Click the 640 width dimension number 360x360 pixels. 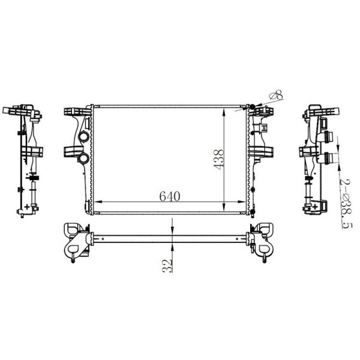[170, 196]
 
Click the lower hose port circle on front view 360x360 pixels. [83, 158]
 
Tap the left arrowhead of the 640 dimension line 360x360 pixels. [97, 203]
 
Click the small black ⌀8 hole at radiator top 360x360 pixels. [252, 107]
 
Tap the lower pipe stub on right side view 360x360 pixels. [328, 158]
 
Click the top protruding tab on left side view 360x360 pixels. [10, 110]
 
